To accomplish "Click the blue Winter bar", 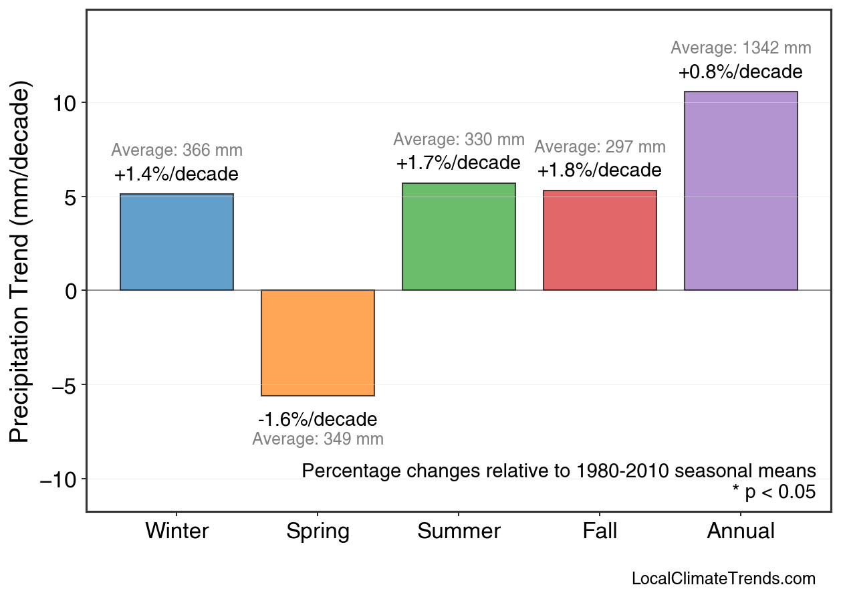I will point(176,242).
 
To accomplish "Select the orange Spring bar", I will point(318,343).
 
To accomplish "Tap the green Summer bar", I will point(459,237).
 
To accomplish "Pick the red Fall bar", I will point(600,241).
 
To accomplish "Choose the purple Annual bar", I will point(741,191).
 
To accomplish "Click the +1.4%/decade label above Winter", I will point(176,174).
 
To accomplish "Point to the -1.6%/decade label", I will point(318,419).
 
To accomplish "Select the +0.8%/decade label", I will point(740,72).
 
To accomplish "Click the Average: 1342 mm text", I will point(741,48).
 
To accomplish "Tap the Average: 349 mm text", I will point(318,439).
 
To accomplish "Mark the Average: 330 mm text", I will point(459,140).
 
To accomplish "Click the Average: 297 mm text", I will point(600,147).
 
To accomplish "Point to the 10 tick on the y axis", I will point(66,103).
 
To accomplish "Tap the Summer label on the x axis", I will point(459,531).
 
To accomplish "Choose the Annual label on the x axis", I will point(741,531).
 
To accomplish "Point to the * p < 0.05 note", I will point(773,492).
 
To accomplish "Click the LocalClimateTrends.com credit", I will point(723,579).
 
